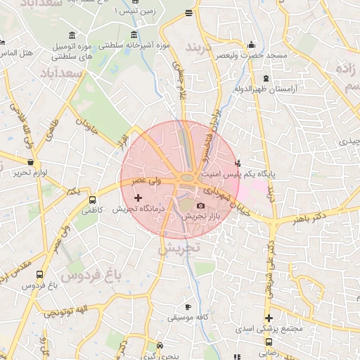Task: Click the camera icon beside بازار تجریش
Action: [x=201, y=206]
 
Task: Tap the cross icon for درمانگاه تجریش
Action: [x=138, y=198]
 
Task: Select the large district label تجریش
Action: [x=179, y=248]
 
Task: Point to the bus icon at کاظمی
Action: [x=92, y=199]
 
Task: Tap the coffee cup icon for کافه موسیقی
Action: [x=188, y=307]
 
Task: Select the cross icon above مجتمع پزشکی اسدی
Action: [x=269, y=318]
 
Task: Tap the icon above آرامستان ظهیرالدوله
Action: [x=265, y=78]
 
